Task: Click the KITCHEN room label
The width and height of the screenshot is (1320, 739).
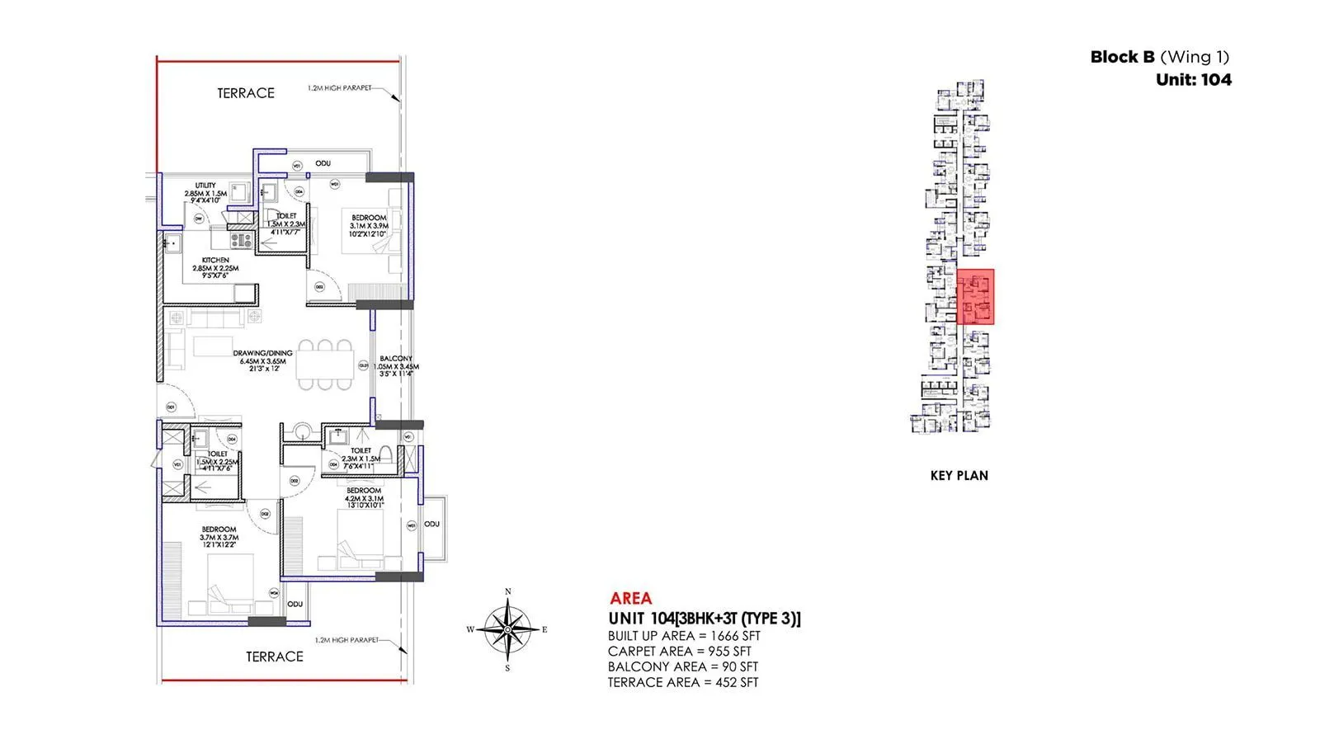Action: [215, 260]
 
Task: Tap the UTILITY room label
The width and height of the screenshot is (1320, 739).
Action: [205, 186]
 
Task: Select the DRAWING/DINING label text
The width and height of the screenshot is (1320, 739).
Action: [262, 353]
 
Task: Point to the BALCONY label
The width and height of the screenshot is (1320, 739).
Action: [396, 359]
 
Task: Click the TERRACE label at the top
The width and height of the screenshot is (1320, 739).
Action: [246, 93]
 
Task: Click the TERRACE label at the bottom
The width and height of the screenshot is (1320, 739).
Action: [275, 657]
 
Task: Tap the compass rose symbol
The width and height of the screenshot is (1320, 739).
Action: [508, 628]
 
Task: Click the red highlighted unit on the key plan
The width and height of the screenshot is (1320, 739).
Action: [976, 297]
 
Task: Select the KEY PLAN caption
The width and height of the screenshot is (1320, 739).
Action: [959, 475]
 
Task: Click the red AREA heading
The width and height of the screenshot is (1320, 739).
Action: [630, 599]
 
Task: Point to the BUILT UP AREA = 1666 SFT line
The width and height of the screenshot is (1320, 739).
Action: [684, 636]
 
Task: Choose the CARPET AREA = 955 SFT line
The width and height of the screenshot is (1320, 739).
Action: [679, 652]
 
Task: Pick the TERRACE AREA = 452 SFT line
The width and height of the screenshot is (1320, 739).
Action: [683, 682]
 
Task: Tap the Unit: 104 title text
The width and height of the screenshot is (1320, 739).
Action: [1193, 79]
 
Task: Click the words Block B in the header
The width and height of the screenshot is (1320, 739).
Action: [1122, 57]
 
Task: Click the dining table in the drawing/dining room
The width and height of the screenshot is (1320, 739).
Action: [325, 364]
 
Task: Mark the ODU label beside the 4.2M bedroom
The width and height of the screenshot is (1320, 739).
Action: [431, 524]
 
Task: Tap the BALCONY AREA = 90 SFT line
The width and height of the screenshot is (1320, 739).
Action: [682, 666]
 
